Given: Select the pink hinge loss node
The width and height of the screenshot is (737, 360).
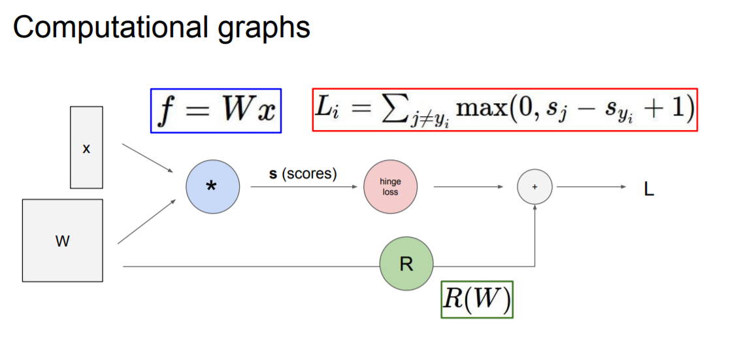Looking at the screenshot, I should click(x=390, y=188).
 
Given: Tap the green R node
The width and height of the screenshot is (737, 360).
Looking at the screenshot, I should click(x=406, y=265).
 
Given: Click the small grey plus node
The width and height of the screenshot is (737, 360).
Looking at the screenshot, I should click(x=534, y=187).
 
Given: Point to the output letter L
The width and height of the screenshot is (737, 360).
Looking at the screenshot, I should click(x=649, y=190).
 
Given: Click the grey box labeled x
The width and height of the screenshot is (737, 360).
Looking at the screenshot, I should click(x=86, y=149).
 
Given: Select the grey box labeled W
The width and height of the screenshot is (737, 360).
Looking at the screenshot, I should click(x=63, y=240).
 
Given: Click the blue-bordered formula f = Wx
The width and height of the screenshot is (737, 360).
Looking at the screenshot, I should click(x=216, y=111).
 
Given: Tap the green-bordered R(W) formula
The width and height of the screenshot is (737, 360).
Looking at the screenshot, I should click(x=477, y=300).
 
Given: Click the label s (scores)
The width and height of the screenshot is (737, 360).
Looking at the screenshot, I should click(x=303, y=174).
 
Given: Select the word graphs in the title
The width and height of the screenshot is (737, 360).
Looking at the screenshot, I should click(x=270, y=29).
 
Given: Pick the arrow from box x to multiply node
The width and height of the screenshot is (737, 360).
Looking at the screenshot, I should click(x=148, y=159).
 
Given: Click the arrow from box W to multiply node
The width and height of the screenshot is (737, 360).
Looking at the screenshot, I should click(x=147, y=222).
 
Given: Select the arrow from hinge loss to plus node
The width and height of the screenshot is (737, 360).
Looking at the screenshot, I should click(x=468, y=187).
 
